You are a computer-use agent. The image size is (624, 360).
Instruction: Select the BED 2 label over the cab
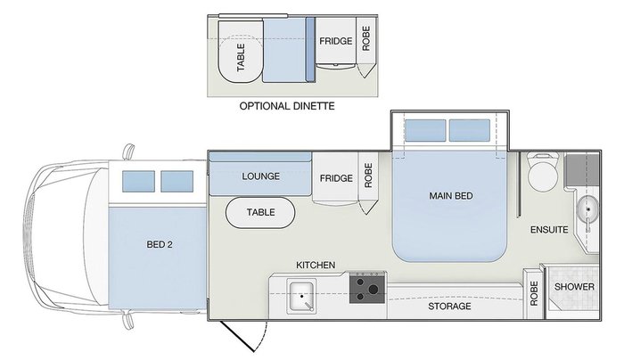tap(160, 243)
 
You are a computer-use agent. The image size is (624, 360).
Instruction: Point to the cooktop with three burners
tap(367, 290)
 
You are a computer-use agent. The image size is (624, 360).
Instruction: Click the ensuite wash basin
tap(587, 210)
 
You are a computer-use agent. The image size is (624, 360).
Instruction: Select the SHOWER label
tap(574, 287)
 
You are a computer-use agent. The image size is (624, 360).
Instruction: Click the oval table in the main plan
tap(260, 213)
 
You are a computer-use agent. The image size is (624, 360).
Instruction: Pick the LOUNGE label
tap(260, 176)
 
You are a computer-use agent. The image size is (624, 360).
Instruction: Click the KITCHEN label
tap(316, 265)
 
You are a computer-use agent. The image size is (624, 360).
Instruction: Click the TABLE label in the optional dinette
tap(241, 57)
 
